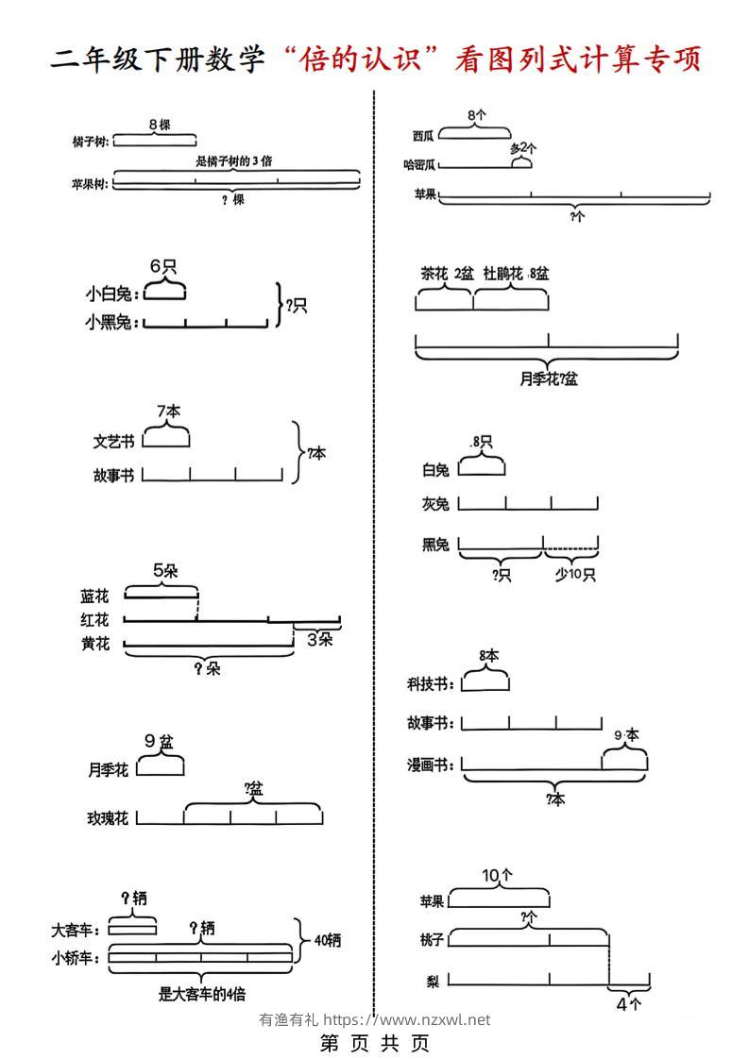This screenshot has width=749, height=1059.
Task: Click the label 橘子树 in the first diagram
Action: coord(90,142)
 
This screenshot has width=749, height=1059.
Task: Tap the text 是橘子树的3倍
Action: coord(234,161)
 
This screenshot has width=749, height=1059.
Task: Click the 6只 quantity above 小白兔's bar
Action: coord(163,266)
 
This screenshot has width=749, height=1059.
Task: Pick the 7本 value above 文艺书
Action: coord(169,411)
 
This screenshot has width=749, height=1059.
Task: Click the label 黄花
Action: coord(95,644)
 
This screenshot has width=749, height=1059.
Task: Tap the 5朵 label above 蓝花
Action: coord(164,570)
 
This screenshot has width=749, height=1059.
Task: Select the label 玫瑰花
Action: coord(108,818)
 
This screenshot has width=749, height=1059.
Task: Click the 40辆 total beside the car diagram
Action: coord(327,940)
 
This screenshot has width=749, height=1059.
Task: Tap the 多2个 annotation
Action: coord(522,148)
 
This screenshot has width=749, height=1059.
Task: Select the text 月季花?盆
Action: coord(548,379)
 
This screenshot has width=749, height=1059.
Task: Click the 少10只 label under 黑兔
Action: coord(575,574)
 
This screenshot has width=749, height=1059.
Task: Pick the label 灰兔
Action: coord(435,505)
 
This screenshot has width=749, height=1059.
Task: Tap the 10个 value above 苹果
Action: coord(497,875)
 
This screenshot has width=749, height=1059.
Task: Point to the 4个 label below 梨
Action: coord(628,1004)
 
